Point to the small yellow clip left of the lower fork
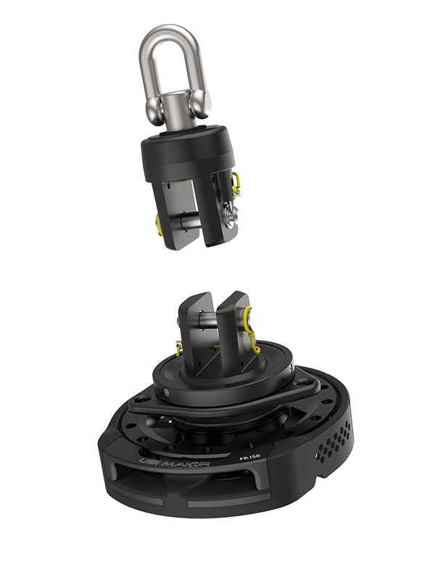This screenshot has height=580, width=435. pyautogui.click(x=178, y=349)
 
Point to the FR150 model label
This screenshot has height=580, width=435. pyautogui.click(x=251, y=456)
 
